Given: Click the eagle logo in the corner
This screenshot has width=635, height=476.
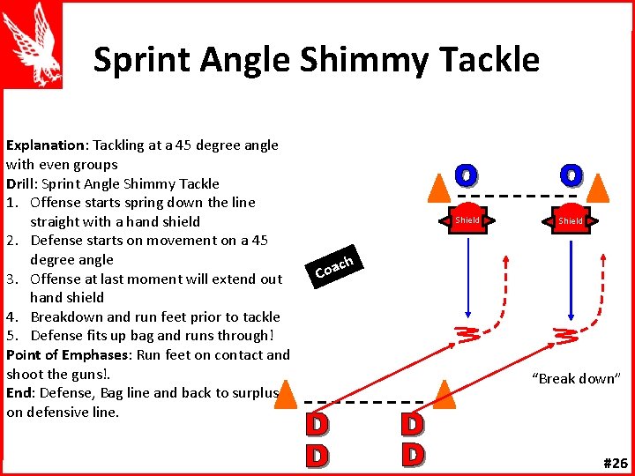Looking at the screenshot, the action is (x=33, y=44).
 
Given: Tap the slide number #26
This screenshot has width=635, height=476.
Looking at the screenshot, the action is (x=615, y=462).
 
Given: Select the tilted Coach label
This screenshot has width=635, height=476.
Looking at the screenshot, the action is (x=334, y=264).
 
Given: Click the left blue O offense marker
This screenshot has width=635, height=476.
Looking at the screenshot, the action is (x=467, y=175).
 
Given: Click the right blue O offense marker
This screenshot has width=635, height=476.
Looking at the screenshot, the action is (x=571, y=175).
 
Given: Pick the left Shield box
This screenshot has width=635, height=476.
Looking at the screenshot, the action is (x=467, y=220).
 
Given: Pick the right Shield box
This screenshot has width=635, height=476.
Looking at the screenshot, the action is (x=570, y=220).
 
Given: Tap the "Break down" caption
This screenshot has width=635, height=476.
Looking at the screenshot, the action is (x=577, y=379).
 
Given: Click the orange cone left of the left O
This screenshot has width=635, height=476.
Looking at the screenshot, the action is (x=438, y=185).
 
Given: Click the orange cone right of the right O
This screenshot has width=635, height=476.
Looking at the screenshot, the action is (x=598, y=185).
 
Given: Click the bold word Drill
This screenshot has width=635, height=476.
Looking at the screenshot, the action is (x=22, y=183).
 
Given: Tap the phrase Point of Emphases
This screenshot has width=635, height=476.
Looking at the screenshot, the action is (x=66, y=354).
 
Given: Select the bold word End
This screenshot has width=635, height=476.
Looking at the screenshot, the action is (x=19, y=392).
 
